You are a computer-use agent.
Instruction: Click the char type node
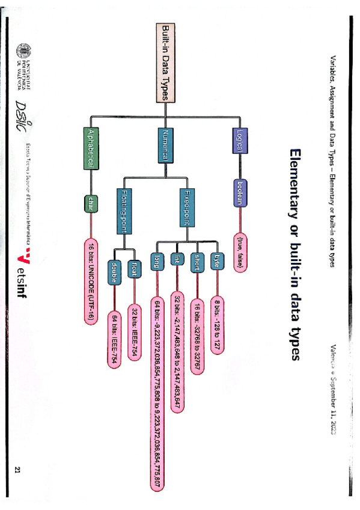click(x=91, y=201)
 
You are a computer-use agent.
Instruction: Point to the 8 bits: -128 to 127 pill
click(x=218, y=324)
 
